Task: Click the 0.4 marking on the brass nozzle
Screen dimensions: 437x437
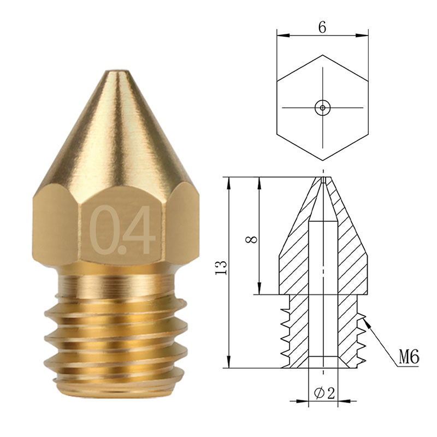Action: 123,230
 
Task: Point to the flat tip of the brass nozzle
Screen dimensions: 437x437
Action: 117,72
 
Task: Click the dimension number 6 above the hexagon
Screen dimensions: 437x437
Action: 322,27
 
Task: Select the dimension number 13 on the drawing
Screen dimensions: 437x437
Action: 221,268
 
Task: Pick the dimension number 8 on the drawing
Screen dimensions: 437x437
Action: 252,240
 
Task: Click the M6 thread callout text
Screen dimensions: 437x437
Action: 409,357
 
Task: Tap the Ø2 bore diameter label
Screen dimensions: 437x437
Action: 324,393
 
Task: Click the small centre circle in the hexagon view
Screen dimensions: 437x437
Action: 323,108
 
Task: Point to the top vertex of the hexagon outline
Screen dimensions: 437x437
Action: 323,55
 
